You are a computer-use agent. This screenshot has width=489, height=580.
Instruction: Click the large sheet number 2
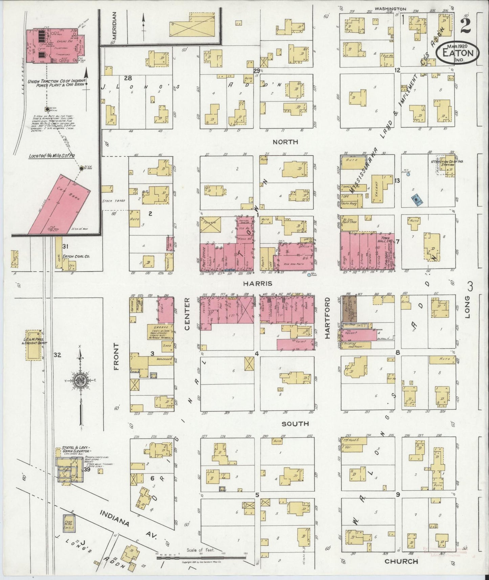pyautogui.click(x=465, y=25)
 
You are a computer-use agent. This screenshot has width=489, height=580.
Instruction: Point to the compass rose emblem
pyautogui.click(x=81, y=379)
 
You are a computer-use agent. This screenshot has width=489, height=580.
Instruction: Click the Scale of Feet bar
pyautogui.click(x=201, y=557)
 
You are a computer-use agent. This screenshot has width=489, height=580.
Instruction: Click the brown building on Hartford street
pyautogui.click(x=349, y=308)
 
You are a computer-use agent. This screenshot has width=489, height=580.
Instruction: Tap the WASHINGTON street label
pyautogui.click(x=390, y=9)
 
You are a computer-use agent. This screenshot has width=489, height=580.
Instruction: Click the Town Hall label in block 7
pyautogui.click(x=384, y=240)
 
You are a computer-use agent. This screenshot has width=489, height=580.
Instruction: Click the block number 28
pyautogui.click(x=128, y=78)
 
